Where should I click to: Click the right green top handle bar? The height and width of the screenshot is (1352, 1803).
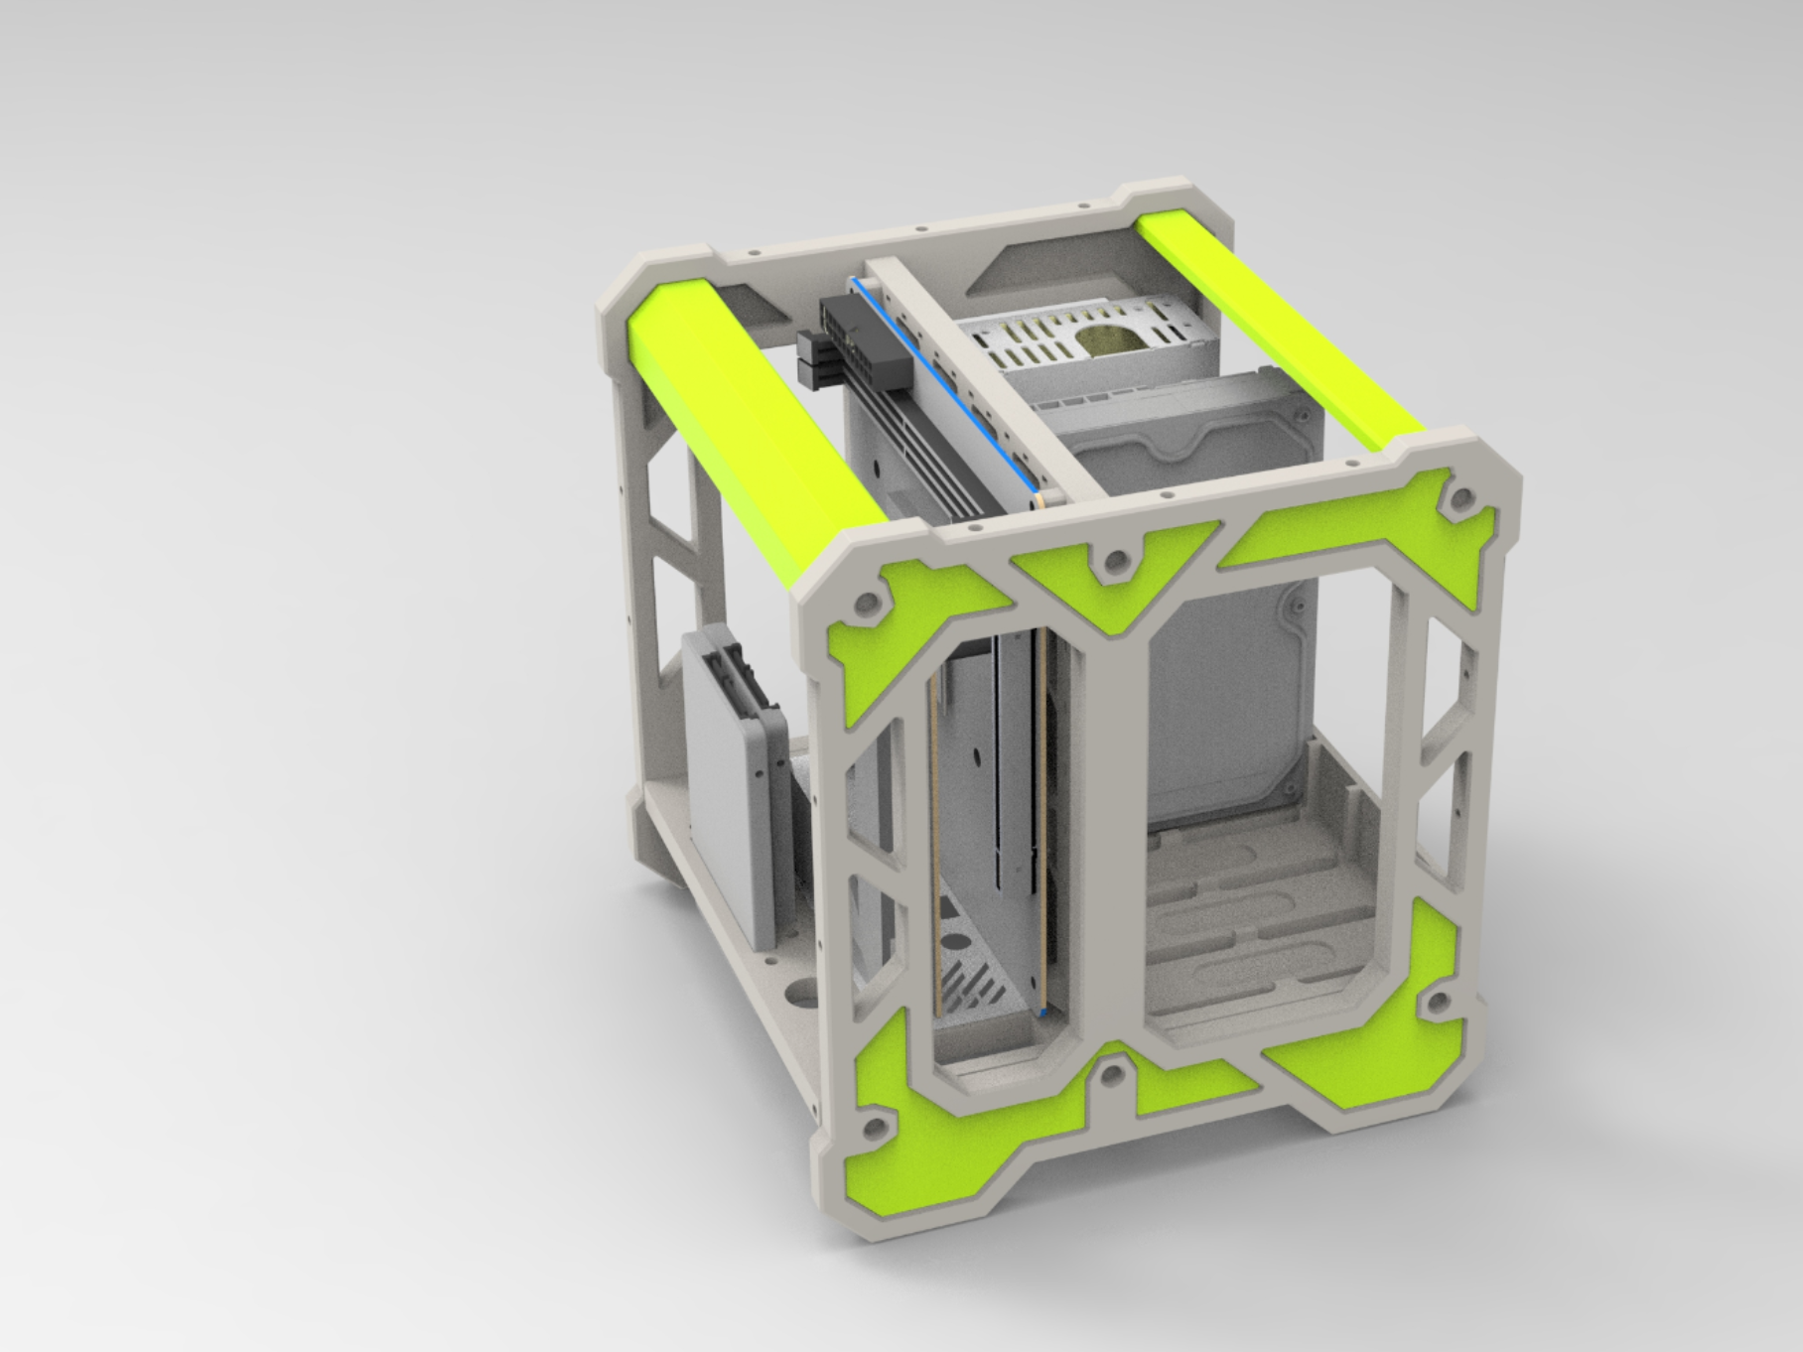pyautogui.click(x=1280, y=329)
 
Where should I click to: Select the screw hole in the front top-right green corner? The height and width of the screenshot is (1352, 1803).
pyautogui.click(x=1460, y=496)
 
